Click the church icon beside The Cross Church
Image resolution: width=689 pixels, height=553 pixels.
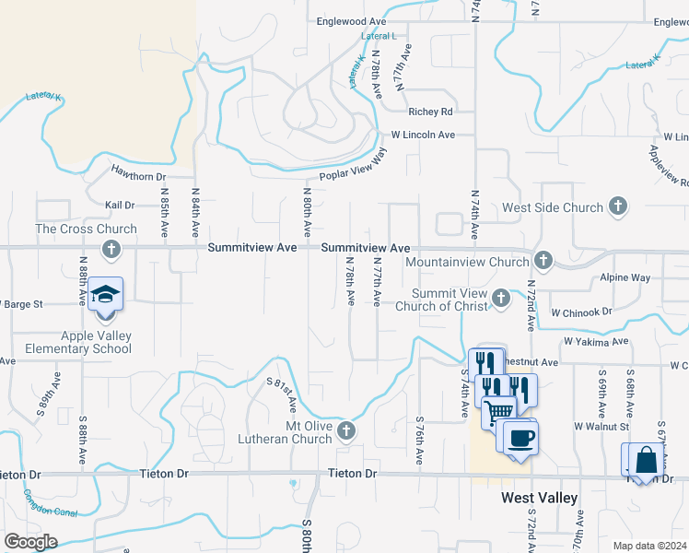[x=111, y=249]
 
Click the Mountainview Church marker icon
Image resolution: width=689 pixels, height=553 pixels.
[x=543, y=261]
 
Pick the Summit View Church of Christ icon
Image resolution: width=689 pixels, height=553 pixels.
[x=500, y=298]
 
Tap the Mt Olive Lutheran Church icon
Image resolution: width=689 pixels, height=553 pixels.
[x=345, y=430]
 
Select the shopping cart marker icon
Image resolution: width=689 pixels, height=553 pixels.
[x=498, y=411]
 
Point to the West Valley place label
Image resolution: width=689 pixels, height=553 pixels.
[x=539, y=498]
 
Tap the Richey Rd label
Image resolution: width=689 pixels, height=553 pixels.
[x=430, y=112]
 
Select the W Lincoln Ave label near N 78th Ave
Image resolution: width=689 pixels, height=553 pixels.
[x=423, y=135]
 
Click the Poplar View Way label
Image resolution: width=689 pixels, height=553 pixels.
[x=353, y=168]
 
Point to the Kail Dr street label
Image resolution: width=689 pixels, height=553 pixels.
[x=121, y=206]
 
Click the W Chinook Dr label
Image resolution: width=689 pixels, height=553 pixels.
[x=581, y=312]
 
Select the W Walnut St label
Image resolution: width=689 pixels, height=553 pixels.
[x=601, y=427]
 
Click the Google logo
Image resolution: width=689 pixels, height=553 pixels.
[x=30, y=542]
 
